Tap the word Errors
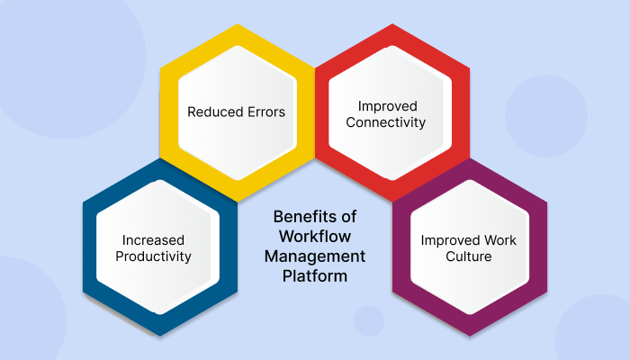point(265,112)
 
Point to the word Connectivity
point(385,121)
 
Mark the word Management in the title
point(314,256)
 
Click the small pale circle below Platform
point(369,320)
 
